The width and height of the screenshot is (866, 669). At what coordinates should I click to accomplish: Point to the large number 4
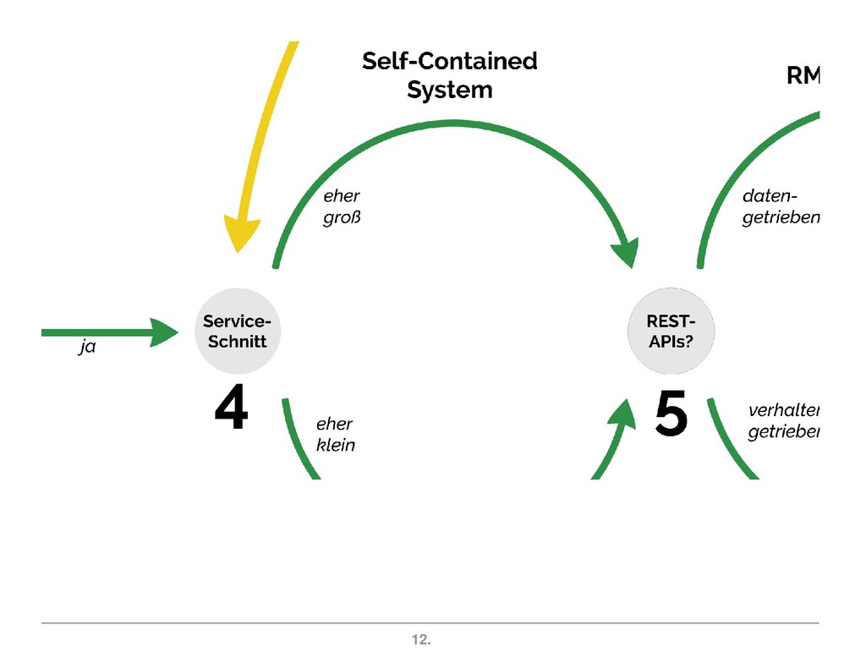[x=231, y=411]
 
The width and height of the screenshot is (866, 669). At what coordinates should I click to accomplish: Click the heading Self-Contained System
[x=449, y=75]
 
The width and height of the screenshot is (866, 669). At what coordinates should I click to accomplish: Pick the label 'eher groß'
[x=342, y=207]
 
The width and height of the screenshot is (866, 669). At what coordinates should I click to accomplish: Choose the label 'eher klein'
[x=335, y=434]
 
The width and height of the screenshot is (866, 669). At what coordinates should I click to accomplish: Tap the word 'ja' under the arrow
[x=86, y=348]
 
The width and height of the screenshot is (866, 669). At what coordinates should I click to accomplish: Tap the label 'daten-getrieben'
[x=780, y=207]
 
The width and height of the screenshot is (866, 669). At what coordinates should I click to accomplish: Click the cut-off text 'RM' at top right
[x=803, y=76]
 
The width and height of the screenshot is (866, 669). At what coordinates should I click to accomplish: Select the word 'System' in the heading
[x=449, y=90]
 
